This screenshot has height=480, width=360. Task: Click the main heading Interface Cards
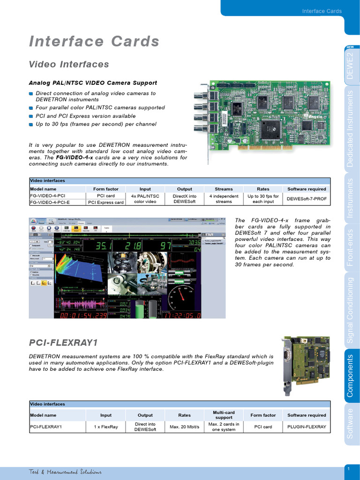(94, 42)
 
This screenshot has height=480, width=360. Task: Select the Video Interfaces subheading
(69, 64)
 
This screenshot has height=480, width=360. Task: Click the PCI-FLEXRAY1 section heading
(63, 343)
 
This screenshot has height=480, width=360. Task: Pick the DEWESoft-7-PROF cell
(307, 199)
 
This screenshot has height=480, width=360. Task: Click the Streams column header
(224, 189)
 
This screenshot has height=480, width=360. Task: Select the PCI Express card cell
(106, 202)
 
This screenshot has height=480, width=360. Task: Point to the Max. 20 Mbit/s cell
(184, 427)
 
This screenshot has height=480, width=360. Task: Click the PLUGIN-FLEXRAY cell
(307, 427)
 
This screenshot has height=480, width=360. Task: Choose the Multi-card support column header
(224, 415)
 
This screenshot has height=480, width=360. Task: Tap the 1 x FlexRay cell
(106, 427)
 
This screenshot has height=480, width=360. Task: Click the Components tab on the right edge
(350, 375)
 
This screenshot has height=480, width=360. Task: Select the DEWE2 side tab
(350, 66)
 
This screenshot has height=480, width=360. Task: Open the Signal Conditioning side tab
(350, 310)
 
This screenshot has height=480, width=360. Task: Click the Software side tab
(350, 424)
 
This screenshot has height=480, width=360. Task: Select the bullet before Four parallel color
(31, 108)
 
